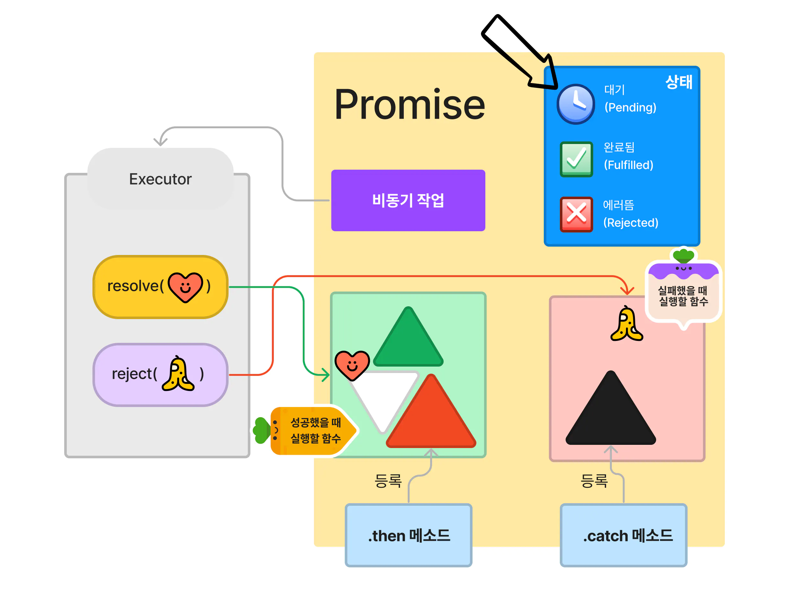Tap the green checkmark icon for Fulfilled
[576, 159]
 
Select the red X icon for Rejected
[576, 214]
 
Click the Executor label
[160, 179]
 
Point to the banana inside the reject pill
[178, 374]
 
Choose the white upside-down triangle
[383, 395]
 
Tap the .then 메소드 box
[408, 535]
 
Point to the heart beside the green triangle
[352, 365]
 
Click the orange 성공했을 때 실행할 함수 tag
[313, 430]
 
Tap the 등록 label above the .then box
[388, 480]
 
